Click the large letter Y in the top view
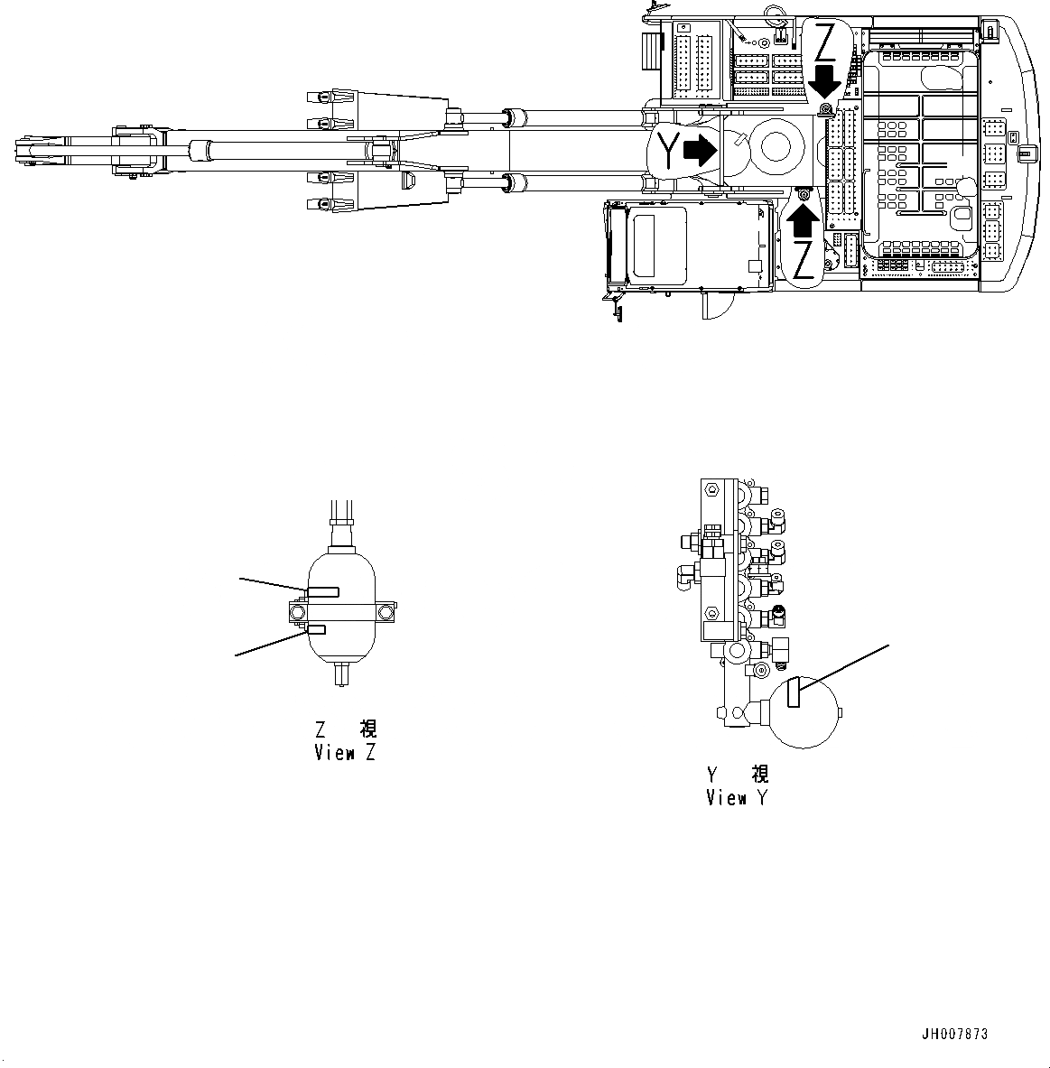point(666,150)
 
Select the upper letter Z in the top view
point(825,42)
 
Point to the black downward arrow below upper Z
point(824,81)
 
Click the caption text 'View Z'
point(345,753)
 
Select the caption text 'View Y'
point(738,798)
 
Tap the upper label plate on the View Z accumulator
point(323,591)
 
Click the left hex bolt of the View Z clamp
point(297,613)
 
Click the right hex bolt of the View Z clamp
point(387,613)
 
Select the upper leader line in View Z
point(273,582)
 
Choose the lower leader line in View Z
point(271,643)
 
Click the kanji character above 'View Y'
point(760,775)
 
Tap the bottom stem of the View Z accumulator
point(340,674)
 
